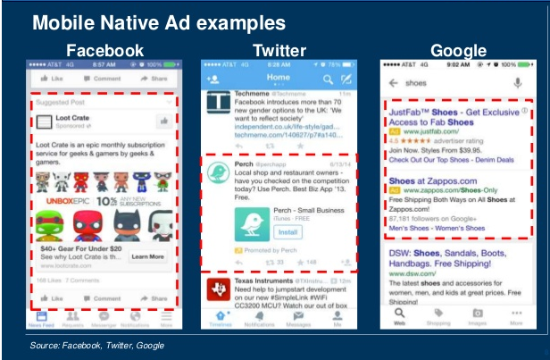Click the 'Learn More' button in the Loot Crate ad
point(147,256)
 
